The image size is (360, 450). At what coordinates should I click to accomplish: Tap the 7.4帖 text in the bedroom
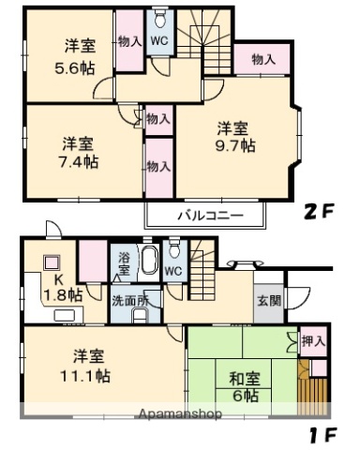[78, 162]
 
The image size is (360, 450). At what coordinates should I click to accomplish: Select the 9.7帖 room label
[234, 146]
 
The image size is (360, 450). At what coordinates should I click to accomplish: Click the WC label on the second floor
[159, 41]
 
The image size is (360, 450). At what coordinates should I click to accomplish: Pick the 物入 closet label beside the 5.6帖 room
[129, 41]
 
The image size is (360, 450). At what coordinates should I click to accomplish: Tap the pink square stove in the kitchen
[52, 264]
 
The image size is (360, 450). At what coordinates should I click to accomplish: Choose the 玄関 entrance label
[268, 302]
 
